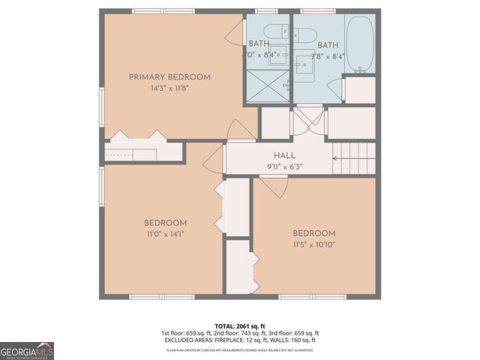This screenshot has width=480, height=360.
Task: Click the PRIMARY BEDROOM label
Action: click(169, 76)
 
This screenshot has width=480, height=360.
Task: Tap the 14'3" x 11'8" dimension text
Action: click(169, 88)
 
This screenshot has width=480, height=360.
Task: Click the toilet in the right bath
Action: click(306, 34)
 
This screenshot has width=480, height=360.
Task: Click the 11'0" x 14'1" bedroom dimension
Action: click(165, 234)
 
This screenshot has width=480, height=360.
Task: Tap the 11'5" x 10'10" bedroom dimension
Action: click(313, 244)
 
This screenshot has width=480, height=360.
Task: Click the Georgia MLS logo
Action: click(27, 351)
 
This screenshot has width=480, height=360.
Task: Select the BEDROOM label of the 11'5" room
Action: click(313, 233)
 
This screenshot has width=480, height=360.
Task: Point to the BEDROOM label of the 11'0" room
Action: click(165, 223)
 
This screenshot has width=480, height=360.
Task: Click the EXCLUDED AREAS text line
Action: click(240, 340)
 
